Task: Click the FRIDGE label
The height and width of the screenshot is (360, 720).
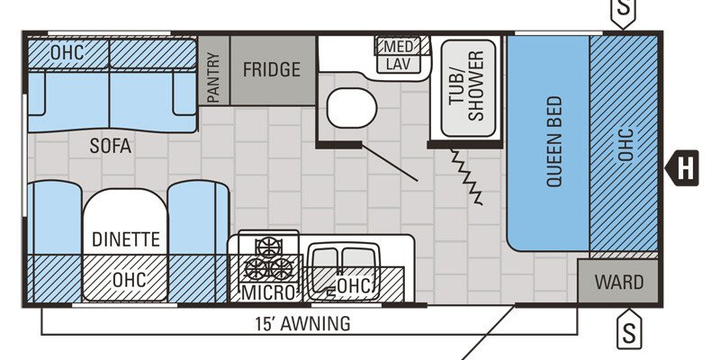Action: [271, 70]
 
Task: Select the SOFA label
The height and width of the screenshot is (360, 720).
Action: [110, 145]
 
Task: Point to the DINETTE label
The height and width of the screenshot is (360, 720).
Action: [125, 239]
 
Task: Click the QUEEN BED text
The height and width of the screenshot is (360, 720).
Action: [553, 141]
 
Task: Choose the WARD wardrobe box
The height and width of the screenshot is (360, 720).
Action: [619, 283]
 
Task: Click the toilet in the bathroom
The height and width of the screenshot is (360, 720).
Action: [349, 109]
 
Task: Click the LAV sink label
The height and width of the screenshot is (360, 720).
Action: [397, 64]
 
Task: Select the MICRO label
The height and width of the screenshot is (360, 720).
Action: [267, 292]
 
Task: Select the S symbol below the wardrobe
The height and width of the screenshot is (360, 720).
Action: [629, 332]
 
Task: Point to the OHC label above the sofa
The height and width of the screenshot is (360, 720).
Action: [67, 52]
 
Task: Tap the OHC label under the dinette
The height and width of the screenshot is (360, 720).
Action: [129, 280]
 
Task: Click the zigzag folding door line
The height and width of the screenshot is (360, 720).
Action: [466, 176]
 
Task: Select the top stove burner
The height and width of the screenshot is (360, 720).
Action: [267, 245]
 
